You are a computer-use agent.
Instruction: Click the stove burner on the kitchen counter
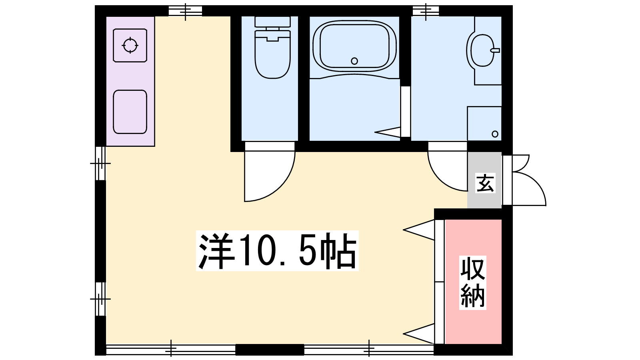[x=130, y=45]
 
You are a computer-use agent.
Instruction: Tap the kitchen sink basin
[x=130, y=112]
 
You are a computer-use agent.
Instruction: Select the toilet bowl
[x=272, y=54]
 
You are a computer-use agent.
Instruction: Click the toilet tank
[x=272, y=22]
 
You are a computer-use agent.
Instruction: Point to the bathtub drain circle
[x=354, y=61]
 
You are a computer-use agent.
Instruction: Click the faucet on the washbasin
[x=495, y=50]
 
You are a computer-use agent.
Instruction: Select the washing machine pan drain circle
[x=495, y=134]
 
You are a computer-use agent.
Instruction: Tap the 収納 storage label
[x=472, y=282]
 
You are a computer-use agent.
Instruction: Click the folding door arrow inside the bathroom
[x=388, y=132]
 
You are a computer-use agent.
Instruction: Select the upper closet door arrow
[x=419, y=230]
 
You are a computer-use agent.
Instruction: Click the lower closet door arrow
[x=419, y=334]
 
